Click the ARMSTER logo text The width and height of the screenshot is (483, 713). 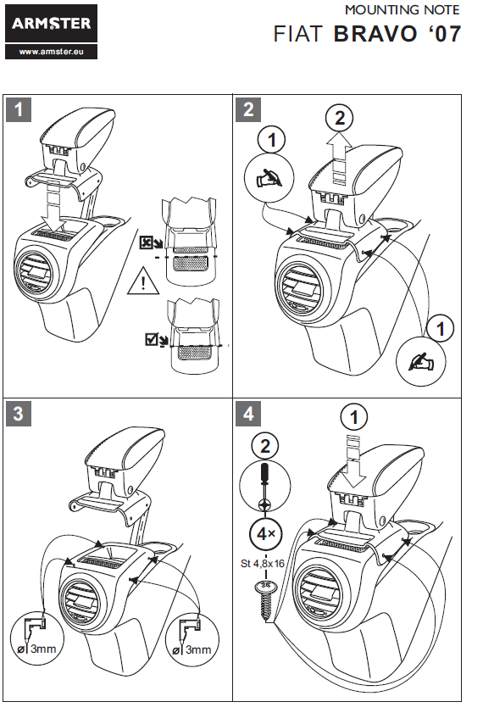pyautogui.click(x=51, y=24)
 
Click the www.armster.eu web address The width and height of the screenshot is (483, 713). pyautogui.click(x=51, y=52)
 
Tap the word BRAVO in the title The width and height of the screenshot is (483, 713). pyautogui.click(x=375, y=34)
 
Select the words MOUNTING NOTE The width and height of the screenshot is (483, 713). pyautogui.click(x=402, y=9)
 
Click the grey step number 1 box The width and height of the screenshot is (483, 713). pyautogui.click(x=19, y=109)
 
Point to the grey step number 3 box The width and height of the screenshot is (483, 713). pyautogui.click(x=19, y=414)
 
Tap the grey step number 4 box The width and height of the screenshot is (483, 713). pyautogui.click(x=248, y=414)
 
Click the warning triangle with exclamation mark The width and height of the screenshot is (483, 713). pyautogui.click(x=143, y=283)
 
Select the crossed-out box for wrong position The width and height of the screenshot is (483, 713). pyautogui.click(x=146, y=242)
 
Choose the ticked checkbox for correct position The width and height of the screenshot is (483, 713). pyautogui.click(x=152, y=339)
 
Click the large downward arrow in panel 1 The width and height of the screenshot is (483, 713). pyautogui.click(x=54, y=209)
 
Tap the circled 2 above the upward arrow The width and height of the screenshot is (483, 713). pyautogui.click(x=340, y=118)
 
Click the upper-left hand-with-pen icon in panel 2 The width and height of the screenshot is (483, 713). pyautogui.click(x=269, y=179)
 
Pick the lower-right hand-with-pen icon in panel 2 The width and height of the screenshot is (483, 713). pyautogui.click(x=421, y=361)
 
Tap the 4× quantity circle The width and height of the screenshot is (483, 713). pyautogui.click(x=265, y=533)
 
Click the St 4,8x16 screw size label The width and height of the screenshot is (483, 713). pyautogui.click(x=262, y=564)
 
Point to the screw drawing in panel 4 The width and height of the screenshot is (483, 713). pyautogui.click(x=264, y=599)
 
